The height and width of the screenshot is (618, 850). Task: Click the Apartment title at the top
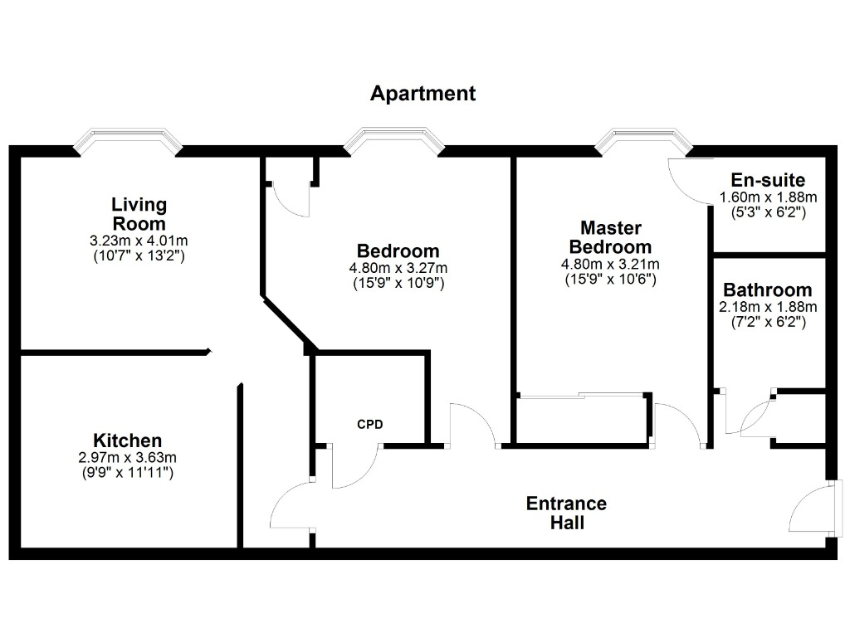pos(423,94)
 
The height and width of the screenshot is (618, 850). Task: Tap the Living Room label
pos(139,214)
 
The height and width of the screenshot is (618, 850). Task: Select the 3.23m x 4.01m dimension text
pos(139,241)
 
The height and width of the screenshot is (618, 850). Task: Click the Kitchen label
pos(127,440)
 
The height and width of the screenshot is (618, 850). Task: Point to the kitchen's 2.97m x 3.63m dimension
pos(127,458)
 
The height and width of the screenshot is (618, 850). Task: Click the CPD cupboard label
pos(370,424)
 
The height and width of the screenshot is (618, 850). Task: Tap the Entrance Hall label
pos(566,513)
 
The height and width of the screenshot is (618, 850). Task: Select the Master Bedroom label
pos(610,237)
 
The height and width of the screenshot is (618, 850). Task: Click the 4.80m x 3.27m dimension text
pos(398,268)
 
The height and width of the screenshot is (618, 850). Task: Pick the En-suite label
pos(768,180)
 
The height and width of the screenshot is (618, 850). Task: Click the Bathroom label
pos(768,290)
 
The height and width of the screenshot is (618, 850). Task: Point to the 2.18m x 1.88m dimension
pos(768,307)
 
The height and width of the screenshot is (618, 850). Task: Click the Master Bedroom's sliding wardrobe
pos(584,420)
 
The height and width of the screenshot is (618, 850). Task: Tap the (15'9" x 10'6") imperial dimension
pos(610,280)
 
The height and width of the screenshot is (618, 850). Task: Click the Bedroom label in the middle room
pos(398,251)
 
